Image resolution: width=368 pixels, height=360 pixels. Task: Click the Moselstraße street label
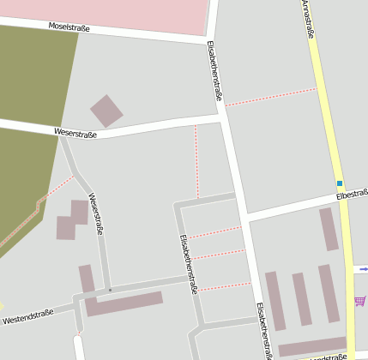70,28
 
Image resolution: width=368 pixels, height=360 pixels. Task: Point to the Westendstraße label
28,316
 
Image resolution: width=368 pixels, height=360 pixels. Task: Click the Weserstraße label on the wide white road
75,133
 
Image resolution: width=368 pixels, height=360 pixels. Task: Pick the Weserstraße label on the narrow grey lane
96,214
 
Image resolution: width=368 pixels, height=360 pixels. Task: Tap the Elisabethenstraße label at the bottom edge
264,330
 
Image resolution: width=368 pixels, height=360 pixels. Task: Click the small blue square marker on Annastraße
340,183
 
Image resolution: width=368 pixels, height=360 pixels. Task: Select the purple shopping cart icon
359,301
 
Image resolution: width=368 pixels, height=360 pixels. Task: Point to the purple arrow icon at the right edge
364,269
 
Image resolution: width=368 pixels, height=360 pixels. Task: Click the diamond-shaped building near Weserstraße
106,111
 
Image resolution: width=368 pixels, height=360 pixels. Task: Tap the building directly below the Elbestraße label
329,229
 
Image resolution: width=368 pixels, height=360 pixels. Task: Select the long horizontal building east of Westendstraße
124,303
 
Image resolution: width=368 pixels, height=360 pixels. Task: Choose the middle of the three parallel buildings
301,298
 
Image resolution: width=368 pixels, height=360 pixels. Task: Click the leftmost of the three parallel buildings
274,300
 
